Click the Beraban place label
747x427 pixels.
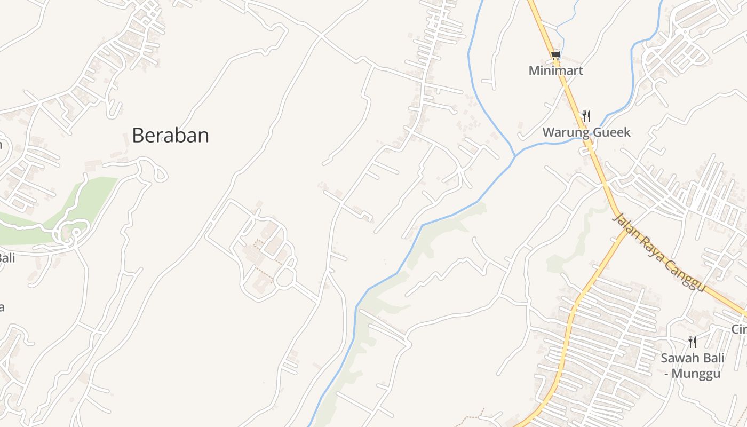170,136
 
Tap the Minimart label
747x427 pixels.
555,70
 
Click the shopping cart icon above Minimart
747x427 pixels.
555,55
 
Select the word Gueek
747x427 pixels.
614,132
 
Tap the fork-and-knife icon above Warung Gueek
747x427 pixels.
586,116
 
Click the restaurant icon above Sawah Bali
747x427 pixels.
692,342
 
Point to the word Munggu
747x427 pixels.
696,373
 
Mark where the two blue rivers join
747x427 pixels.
515,156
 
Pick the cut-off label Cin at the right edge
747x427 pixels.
739,329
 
